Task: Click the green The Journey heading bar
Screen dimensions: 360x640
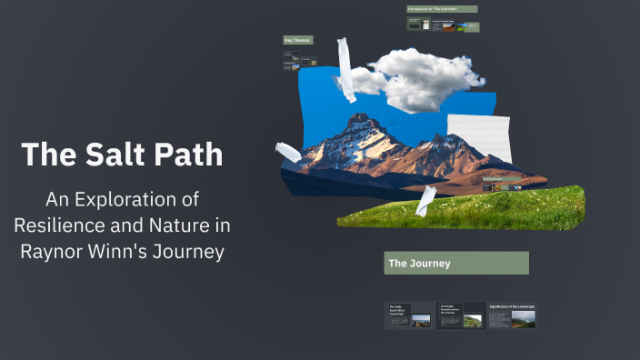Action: pyautogui.click(x=455, y=264)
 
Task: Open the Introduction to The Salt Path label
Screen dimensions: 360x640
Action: pyautogui.click(x=442, y=9)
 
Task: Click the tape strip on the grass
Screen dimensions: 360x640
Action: pyautogui.click(x=425, y=201)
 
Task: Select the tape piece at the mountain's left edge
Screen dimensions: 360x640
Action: pyautogui.click(x=287, y=151)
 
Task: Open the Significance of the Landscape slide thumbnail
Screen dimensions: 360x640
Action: pyautogui.click(x=512, y=315)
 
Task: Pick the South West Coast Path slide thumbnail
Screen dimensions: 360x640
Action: pyautogui.click(x=409, y=315)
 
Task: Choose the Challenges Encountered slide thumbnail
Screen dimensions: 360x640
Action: pyautogui.click(x=460, y=315)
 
